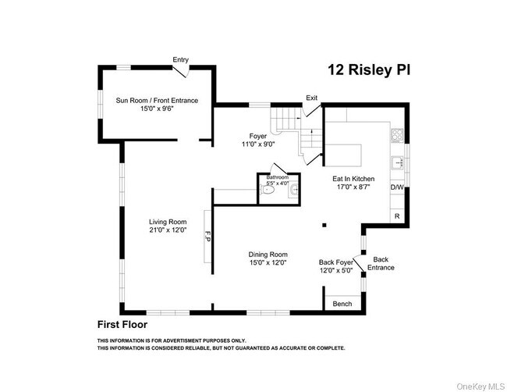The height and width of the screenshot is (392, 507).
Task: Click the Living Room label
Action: point(168,226)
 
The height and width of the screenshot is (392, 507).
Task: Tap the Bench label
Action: point(342,304)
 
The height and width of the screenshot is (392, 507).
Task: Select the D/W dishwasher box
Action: point(397,187)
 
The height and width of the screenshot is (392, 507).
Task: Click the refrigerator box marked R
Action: point(397,216)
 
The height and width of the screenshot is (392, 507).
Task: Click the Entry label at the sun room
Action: point(181,59)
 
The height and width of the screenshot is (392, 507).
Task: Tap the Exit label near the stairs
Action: point(312,98)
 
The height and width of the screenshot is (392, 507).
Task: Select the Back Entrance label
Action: point(381,263)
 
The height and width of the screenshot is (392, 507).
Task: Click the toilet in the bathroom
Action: point(268,189)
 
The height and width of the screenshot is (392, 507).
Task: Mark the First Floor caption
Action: point(122,323)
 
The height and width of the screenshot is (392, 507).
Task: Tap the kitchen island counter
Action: point(343,155)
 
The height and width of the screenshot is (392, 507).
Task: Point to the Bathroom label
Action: point(278,178)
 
